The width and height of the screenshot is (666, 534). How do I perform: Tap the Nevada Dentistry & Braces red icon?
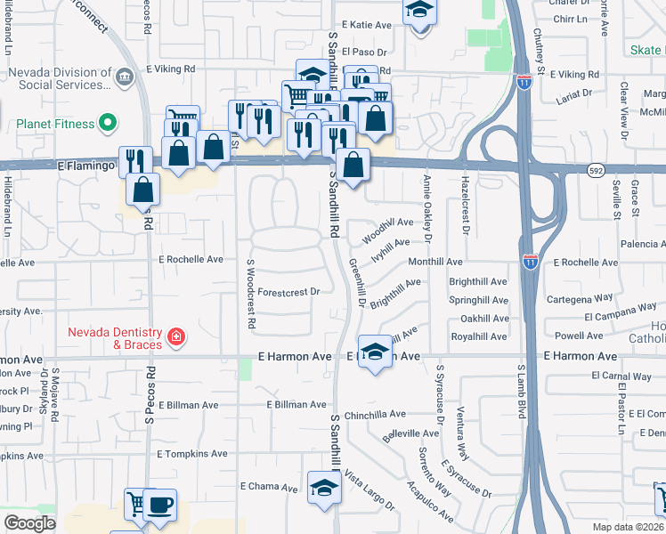(176, 336)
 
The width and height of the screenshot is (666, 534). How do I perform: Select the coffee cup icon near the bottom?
(159, 505)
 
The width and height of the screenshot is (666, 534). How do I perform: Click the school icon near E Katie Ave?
(418, 12)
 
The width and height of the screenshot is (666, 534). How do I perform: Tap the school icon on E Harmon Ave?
(375, 352)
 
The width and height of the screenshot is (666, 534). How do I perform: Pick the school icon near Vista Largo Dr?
(322, 487)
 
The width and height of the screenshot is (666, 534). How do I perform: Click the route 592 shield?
(597, 169)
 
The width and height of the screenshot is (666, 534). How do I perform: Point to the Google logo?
(29, 522)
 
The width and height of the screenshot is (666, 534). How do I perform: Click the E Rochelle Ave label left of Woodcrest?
(191, 260)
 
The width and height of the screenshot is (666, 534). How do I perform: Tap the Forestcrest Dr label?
(288, 291)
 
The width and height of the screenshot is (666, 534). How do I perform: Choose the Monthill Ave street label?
(435, 263)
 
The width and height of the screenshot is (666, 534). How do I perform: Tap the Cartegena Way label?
(580, 299)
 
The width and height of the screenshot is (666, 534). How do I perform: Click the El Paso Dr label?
(370, 53)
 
